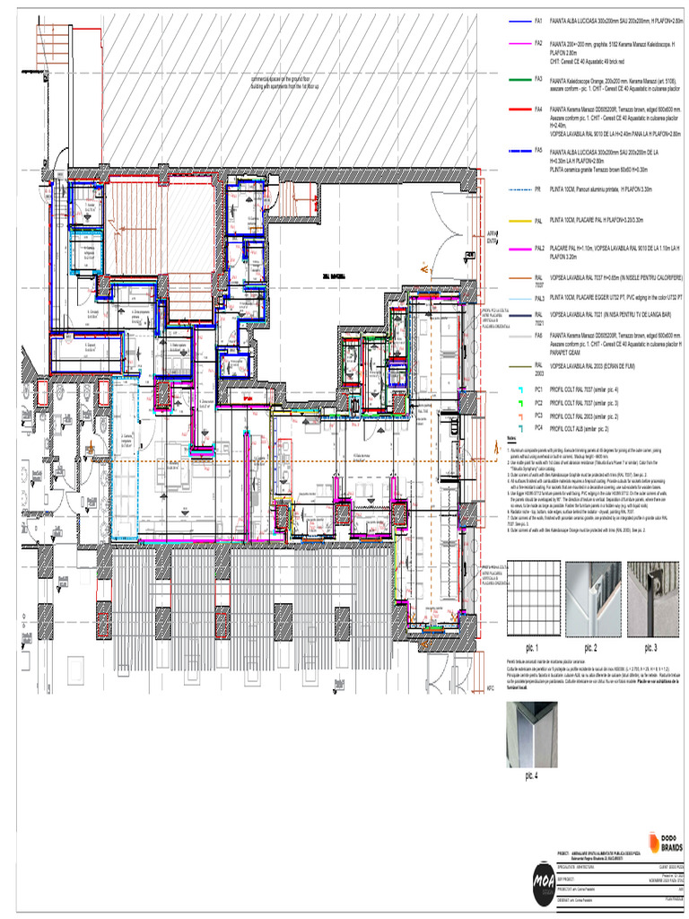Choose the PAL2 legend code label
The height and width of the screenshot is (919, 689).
pos(539,248)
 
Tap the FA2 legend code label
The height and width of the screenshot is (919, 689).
pos(538,42)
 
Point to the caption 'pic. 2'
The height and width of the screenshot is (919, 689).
pos(591,646)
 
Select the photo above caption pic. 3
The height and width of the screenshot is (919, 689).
pos(653,600)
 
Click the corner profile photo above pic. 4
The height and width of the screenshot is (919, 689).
pos(532,733)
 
